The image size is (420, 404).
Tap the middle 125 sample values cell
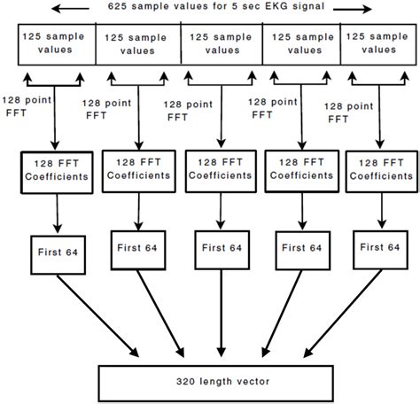[x=221, y=45]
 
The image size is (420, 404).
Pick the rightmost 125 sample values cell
[x=380, y=45]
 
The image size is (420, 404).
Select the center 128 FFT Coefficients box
[x=219, y=169]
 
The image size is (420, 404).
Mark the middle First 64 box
[x=219, y=250]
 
